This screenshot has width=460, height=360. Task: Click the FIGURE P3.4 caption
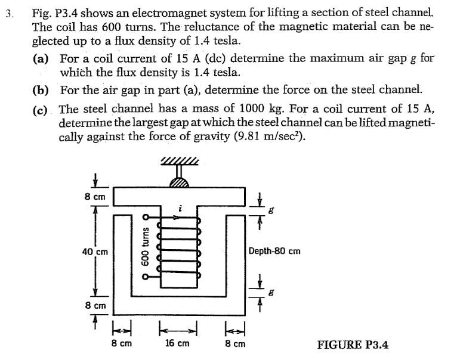click(x=353, y=345)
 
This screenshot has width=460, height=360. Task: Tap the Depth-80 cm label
click(x=274, y=251)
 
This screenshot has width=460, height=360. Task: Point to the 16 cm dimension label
click(x=178, y=344)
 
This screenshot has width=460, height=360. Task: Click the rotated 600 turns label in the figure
click(x=144, y=244)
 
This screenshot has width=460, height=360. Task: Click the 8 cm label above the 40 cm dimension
click(x=95, y=196)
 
